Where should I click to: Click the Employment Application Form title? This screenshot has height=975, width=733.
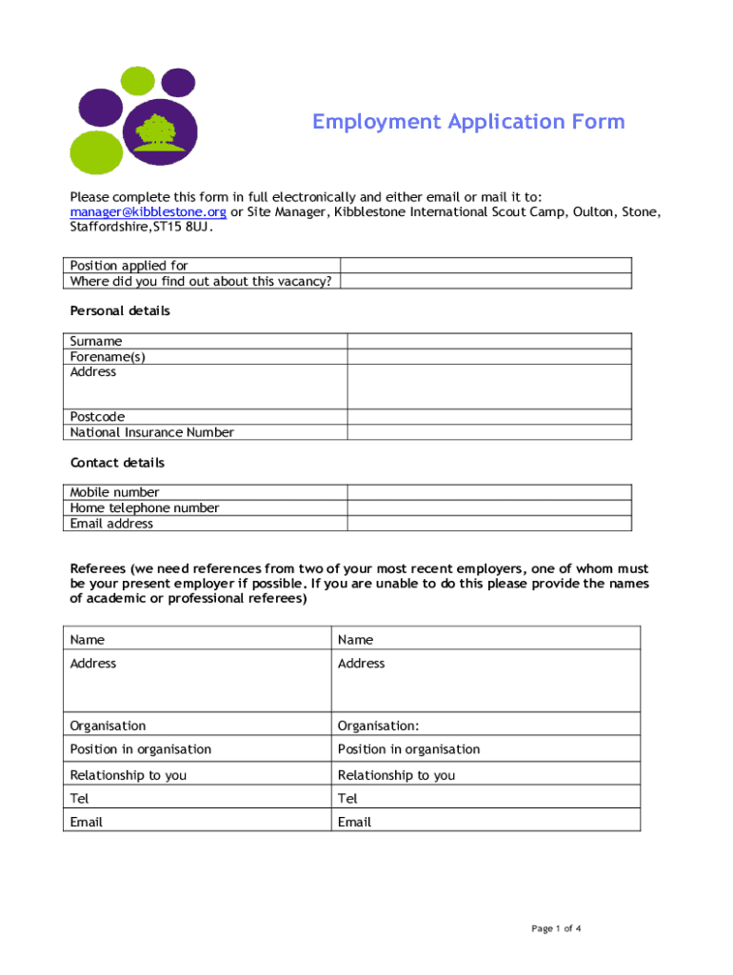[x=468, y=122]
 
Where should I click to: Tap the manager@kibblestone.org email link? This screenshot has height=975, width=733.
[x=148, y=211]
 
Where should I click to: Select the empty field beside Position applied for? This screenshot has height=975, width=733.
[x=485, y=266]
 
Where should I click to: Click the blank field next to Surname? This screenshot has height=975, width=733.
[x=488, y=341]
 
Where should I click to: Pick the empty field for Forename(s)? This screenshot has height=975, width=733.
[x=488, y=356]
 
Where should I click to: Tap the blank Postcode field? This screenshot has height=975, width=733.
[x=488, y=416]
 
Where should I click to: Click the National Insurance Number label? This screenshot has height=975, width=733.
[x=151, y=432]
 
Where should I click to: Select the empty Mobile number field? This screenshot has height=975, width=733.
[x=488, y=492]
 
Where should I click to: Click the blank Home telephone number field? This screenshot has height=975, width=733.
[x=488, y=507]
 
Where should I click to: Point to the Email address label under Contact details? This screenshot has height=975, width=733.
[x=111, y=524]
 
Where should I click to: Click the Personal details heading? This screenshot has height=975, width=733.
[x=120, y=311]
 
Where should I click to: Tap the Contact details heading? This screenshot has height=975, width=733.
[x=117, y=463]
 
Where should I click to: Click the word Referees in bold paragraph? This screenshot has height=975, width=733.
[x=98, y=568]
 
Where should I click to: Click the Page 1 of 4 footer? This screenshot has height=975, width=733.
[x=556, y=929]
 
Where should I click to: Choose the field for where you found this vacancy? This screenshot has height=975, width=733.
[x=485, y=281]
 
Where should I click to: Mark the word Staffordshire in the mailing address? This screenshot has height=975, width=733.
[x=108, y=227]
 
